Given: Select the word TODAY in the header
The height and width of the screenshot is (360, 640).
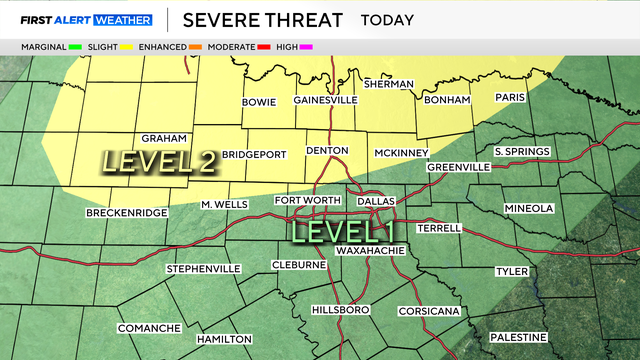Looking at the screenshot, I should click(x=389, y=20).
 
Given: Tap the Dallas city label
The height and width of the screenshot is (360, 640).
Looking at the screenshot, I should click(x=376, y=201).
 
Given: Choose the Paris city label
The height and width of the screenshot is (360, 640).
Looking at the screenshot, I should click(x=511, y=97).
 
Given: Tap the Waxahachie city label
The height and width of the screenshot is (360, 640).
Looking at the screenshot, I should click(x=373, y=249).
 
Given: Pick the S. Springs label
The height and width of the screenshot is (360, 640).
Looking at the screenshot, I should click(x=522, y=151).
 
